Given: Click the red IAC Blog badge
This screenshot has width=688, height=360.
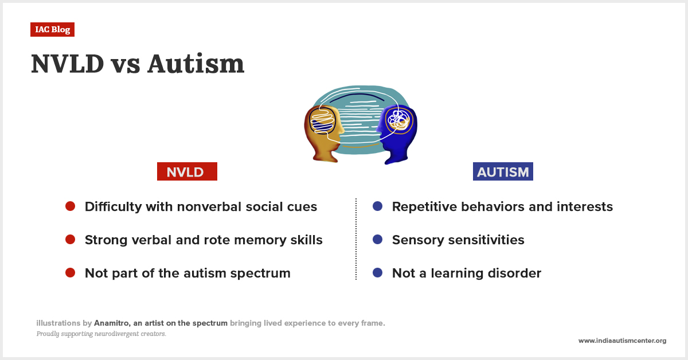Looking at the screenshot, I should point(52,30).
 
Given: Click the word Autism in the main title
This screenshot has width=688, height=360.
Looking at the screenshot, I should point(196,64).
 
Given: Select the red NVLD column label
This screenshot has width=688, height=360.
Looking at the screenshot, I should point(187,172).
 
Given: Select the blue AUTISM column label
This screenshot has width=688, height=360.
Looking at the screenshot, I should point(503,172).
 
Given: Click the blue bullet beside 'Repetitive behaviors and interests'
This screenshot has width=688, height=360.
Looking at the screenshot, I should point(377,206).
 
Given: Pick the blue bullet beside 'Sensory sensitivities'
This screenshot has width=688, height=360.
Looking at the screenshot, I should point(377,240).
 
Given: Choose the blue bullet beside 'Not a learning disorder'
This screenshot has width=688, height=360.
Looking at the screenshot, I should point(377,273).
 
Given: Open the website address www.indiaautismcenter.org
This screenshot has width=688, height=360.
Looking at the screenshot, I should point(622,341).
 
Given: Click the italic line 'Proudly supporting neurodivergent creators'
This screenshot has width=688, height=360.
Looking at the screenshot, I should point(101,334).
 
